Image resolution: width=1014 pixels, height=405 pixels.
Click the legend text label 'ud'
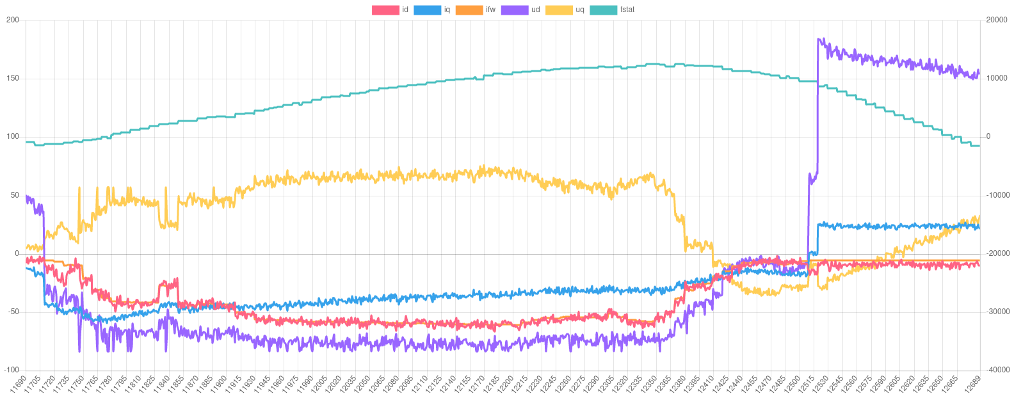pos(535,10)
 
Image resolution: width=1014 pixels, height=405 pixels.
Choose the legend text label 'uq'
pos(580,10)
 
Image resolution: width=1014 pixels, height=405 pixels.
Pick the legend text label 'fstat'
pos(627,10)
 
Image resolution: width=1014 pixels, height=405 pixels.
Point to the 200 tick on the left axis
pos(13,20)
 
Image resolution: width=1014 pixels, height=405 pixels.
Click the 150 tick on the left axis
pos(13,78)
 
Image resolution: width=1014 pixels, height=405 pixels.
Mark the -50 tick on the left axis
pos(13,312)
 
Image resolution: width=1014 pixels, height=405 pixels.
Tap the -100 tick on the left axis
pos(12,370)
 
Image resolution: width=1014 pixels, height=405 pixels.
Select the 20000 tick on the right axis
pos(997,20)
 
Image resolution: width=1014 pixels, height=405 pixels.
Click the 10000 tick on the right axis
pos(997,78)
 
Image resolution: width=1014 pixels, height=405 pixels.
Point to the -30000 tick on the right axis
pos(997,312)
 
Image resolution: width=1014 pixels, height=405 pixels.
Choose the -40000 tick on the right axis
pos(997,370)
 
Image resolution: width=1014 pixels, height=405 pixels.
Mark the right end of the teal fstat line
pos(979,146)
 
